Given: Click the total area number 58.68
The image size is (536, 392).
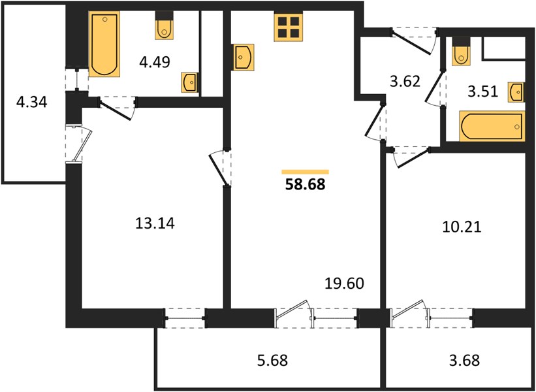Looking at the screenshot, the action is [305, 185].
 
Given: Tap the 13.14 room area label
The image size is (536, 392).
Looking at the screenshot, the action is [155, 223].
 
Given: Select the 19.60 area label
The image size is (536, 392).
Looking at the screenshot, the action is [344, 284].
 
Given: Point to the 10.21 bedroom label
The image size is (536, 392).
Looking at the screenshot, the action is [462, 227].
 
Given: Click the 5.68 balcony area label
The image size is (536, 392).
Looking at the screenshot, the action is [272, 360].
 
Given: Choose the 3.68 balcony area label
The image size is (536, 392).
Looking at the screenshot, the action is [464, 360].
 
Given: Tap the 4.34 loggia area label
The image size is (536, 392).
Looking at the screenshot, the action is [31, 103].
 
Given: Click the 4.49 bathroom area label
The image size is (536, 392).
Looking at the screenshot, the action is [155, 62].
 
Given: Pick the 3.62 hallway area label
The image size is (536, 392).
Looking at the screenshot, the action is [405, 82].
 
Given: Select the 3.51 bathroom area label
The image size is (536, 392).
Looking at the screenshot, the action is [482, 91].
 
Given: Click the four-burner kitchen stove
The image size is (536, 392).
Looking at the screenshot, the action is [288, 27].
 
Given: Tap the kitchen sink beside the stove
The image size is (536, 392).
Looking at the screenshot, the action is [243, 57].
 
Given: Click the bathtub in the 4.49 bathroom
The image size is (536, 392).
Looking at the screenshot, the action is [104, 44].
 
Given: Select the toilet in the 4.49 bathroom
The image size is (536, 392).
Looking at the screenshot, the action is [165, 25].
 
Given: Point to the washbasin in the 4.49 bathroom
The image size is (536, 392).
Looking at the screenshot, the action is [189, 82].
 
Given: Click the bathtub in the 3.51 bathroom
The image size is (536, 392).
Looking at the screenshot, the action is [492, 126].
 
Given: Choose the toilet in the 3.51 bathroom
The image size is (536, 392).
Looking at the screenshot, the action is [461, 52].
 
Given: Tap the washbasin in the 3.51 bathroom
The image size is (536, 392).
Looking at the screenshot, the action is [516, 92].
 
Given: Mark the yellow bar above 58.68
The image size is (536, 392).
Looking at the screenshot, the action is [306, 172].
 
